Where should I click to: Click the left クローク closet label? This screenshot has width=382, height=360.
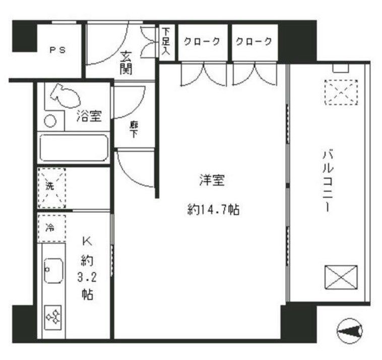(x=202, y=42)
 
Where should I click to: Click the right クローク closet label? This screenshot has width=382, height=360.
(x=255, y=42)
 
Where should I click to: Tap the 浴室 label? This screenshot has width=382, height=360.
(x=89, y=116)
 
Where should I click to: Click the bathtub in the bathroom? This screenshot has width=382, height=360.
(x=73, y=147)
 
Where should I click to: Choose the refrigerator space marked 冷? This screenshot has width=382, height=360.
(x=51, y=227)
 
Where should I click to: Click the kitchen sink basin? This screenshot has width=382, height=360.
(x=53, y=271)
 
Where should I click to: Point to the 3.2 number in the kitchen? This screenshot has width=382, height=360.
(x=88, y=277)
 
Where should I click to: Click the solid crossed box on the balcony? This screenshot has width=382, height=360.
(x=340, y=277)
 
